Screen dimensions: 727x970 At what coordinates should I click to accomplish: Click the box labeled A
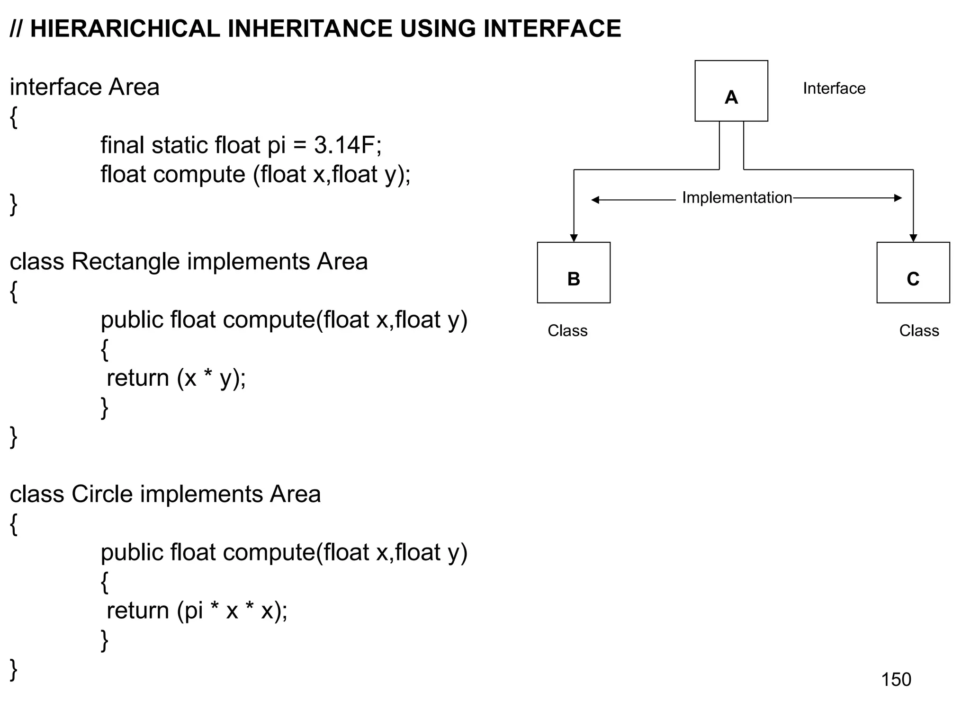(x=731, y=91)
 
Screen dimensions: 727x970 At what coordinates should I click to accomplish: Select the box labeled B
(x=574, y=273)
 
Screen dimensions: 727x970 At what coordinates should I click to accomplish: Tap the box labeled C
(x=913, y=273)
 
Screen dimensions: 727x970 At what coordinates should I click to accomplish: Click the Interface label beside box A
(x=834, y=89)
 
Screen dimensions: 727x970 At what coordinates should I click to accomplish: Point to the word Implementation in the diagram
(x=736, y=198)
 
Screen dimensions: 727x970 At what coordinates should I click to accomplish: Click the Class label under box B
(x=567, y=330)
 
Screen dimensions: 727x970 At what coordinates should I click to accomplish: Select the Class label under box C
(x=919, y=330)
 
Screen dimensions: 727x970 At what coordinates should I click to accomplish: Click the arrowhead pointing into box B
(x=574, y=238)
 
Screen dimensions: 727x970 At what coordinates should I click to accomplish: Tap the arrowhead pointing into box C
(x=913, y=238)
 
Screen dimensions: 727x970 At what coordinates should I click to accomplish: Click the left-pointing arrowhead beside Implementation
(x=595, y=200)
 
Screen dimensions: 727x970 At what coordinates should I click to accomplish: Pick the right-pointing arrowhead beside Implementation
(x=898, y=198)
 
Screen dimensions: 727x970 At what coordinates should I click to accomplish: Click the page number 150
(x=896, y=680)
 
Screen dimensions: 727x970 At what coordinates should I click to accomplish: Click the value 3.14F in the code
(x=348, y=145)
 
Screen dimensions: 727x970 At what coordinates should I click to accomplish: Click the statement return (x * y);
(x=176, y=378)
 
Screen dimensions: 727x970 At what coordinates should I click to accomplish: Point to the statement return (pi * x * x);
(x=197, y=611)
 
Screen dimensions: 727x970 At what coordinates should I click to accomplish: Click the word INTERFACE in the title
(x=552, y=29)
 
